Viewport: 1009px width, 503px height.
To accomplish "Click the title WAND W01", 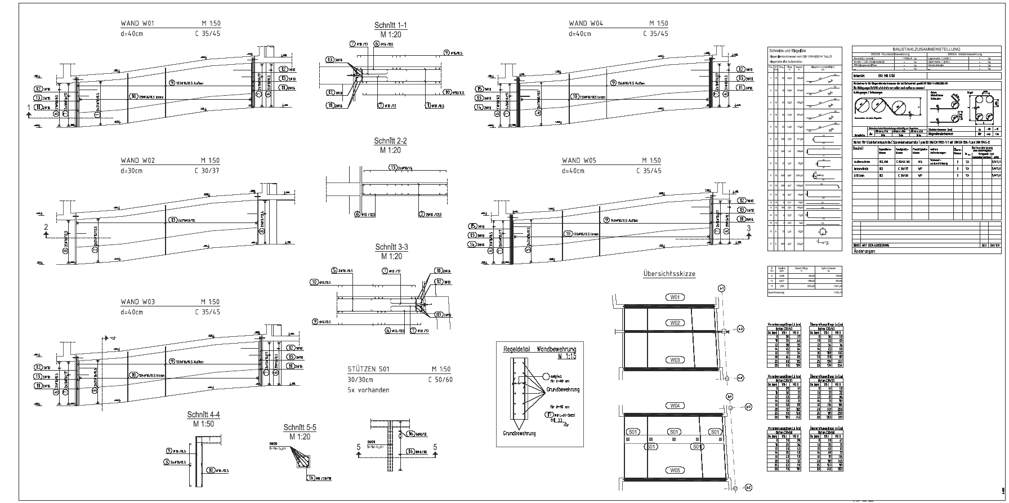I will (137, 24).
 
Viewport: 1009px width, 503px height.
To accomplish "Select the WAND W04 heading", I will (586, 24).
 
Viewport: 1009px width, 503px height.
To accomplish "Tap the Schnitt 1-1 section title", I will (390, 26).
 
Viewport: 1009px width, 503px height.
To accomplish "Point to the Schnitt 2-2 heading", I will (390, 141).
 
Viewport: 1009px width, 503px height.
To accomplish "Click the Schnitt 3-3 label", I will (391, 247).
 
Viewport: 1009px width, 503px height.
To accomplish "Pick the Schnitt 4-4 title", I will (203, 415).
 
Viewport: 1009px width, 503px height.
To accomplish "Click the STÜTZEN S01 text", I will (368, 370).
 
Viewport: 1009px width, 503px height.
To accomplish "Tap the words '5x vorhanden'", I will (368, 390).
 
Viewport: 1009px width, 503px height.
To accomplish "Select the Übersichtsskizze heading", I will (669, 274).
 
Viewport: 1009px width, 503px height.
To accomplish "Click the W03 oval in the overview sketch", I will (675, 360).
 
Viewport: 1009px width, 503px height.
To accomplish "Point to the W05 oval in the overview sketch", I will (675, 470).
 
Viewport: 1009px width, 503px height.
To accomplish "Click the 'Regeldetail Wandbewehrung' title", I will (539, 349).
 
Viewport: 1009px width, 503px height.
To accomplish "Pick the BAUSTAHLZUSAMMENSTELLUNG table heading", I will (927, 50).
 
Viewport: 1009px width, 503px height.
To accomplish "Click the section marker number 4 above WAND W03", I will (113, 338).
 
